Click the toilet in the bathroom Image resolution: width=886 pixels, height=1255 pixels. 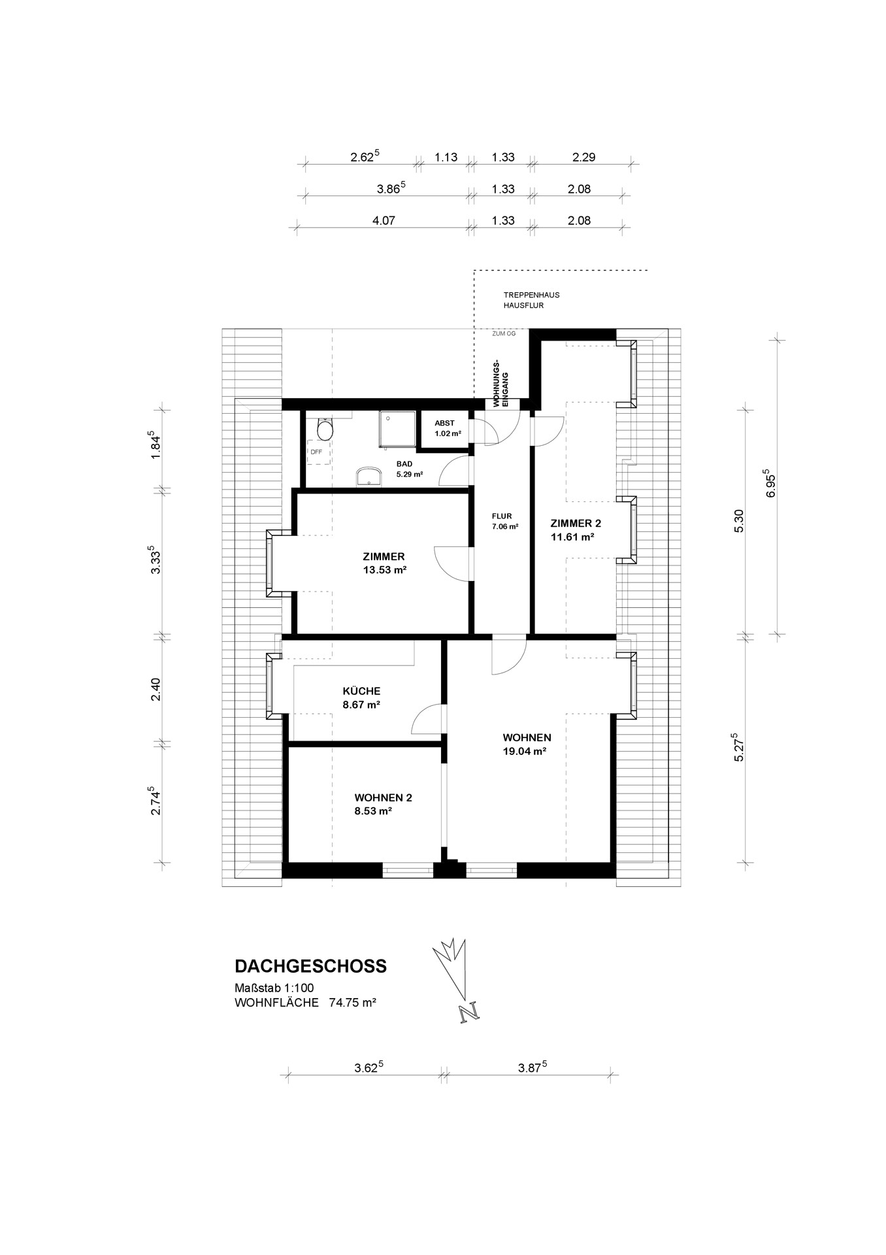click(x=324, y=428)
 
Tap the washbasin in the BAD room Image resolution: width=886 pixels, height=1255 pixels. click(x=369, y=477)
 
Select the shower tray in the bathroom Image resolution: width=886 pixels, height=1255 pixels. click(x=397, y=429)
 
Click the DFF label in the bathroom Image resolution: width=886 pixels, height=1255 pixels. click(x=316, y=452)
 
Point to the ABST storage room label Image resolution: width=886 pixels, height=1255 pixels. click(x=444, y=423)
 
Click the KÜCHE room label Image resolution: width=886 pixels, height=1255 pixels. click(x=361, y=691)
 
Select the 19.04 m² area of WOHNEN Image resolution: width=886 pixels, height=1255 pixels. click(x=524, y=752)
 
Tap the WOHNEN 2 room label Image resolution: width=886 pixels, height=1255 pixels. click(x=383, y=797)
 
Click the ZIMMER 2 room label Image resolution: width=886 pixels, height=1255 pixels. click(x=576, y=523)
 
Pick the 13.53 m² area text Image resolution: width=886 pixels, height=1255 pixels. click(x=385, y=570)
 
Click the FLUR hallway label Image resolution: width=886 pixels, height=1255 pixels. click(x=502, y=516)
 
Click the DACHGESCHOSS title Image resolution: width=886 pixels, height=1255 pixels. click(x=310, y=966)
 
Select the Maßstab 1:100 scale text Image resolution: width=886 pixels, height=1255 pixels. click(x=274, y=988)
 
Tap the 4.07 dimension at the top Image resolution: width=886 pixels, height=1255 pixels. click(x=384, y=221)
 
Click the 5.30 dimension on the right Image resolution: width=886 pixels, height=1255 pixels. click(x=740, y=521)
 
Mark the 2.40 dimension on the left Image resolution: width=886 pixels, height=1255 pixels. click(x=156, y=690)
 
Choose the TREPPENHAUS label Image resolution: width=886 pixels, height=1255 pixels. click(x=531, y=295)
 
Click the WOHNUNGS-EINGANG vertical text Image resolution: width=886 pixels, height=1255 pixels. click(x=500, y=384)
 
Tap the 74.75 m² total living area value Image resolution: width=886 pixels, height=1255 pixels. click(x=353, y=1003)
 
